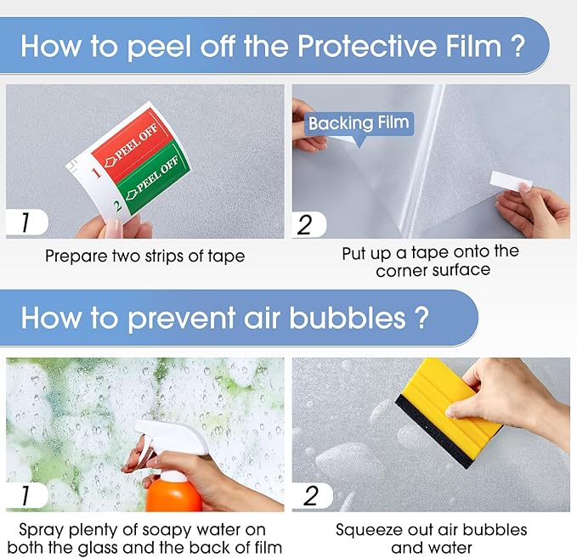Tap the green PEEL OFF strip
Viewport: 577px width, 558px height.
[154, 178]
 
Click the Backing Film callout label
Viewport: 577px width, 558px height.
[359, 123]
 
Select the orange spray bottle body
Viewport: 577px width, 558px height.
[173, 493]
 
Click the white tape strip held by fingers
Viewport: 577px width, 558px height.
[511, 182]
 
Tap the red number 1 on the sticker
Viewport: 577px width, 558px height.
[96, 172]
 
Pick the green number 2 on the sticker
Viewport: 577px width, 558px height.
[118, 206]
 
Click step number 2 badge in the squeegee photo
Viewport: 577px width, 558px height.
[312, 495]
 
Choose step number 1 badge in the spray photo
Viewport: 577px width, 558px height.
[26, 495]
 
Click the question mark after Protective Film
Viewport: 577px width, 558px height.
[518, 46]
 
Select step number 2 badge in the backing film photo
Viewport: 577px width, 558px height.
[309, 224]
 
